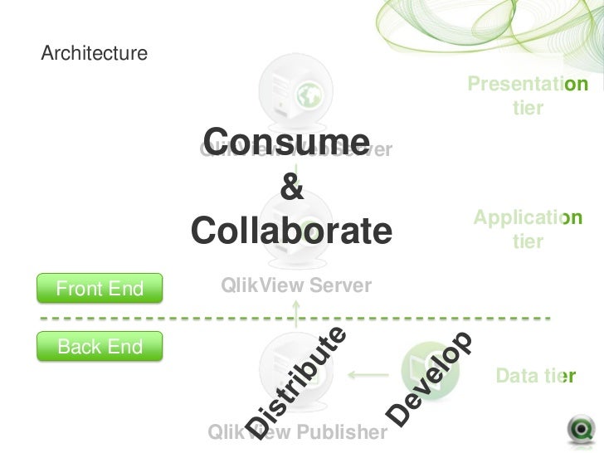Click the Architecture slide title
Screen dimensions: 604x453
pos(94,55)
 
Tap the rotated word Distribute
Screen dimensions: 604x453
pos(297,382)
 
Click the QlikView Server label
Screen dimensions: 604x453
pos(296,285)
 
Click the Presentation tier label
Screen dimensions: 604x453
pos(528,96)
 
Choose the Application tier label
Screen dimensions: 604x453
pos(528,229)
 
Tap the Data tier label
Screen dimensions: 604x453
pos(534,378)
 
